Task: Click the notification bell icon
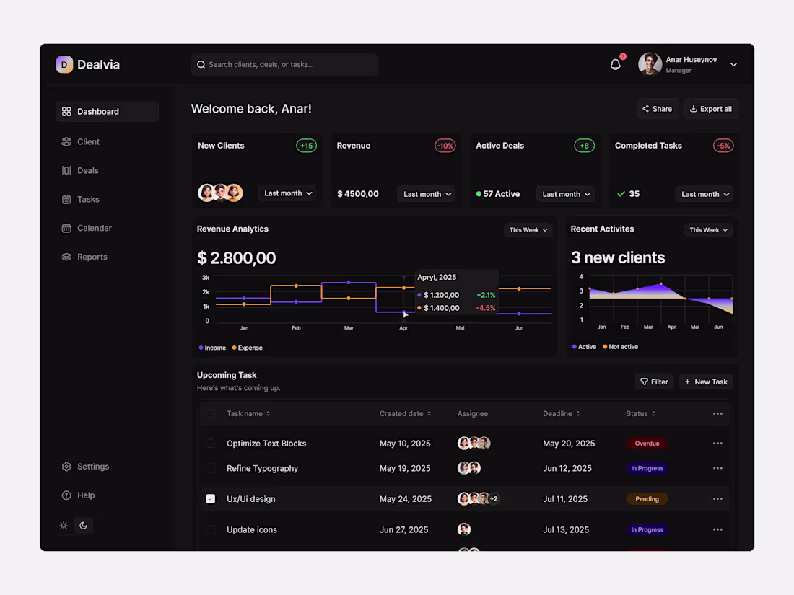pos(615,64)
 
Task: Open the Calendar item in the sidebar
pos(94,228)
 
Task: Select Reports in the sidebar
pos(92,257)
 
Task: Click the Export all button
pos(710,109)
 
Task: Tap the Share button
pos(657,109)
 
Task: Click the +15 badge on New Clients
pos(306,146)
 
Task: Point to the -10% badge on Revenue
pos(445,146)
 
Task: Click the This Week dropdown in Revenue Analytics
pos(528,230)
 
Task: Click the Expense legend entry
pos(248,348)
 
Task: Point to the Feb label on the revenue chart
pos(296,328)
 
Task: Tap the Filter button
pos(654,382)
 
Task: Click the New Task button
pos(706,382)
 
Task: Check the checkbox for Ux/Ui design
pos(210,498)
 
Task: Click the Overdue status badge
pos(647,444)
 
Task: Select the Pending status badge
pos(647,498)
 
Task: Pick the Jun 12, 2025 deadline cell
pos(567,468)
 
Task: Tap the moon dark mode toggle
pos(84,526)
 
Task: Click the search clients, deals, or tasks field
pos(284,64)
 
